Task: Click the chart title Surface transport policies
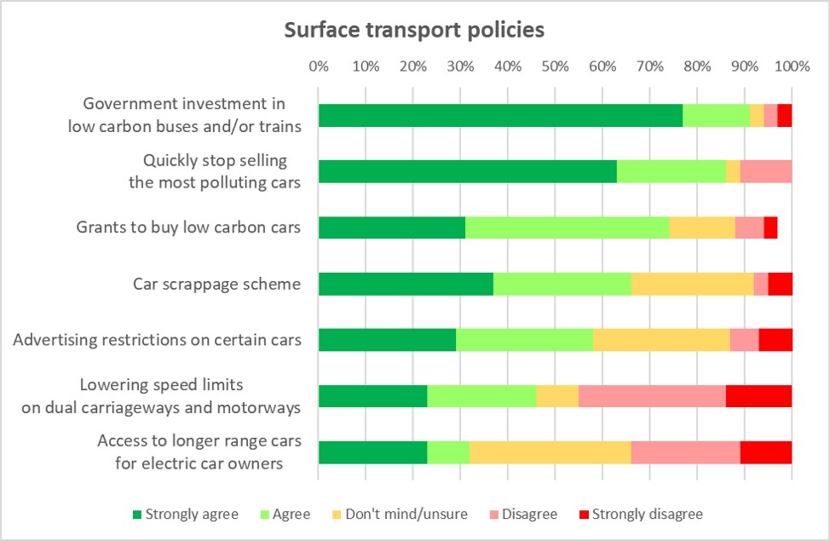click(414, 31)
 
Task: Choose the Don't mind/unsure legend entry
click(402, 514)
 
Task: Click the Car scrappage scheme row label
click(216, 284)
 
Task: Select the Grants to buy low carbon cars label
click(188, 227)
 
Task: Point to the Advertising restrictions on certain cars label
click(157, 340)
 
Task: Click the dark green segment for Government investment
click(500, 115)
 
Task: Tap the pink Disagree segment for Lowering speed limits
click(652, 396)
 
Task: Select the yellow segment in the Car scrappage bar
click(692, 284)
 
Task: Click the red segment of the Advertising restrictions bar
click(775, 340)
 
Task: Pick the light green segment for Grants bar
click(567, 227)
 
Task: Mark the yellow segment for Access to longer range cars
click(550, 452)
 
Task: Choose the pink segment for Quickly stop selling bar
click(766, 171)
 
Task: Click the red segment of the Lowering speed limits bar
click(758, 396)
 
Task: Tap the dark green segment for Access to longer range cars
click(372, 452)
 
